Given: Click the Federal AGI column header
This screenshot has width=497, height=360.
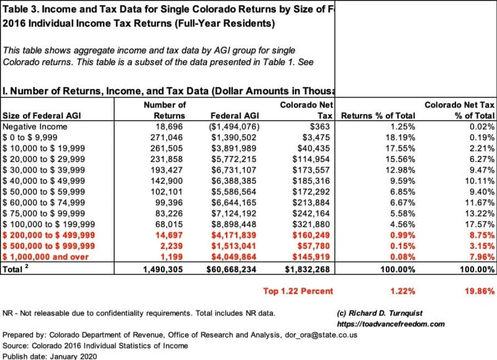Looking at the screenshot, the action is pyautogui.click(x=235, y=116).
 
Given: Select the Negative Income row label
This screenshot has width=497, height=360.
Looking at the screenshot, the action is pyautogui.click(x=35, y=127).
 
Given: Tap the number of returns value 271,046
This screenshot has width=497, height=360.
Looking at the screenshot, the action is pyautogui.click(x=166, y=137).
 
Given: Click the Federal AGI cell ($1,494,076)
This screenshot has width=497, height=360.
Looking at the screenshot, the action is pyautogui.click(x=234, y=127).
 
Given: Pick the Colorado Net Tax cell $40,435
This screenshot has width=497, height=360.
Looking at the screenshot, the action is pyautogui.click(x=314, y=148).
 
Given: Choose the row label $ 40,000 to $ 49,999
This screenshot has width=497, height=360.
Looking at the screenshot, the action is pyautogui.click(x=43, y=181).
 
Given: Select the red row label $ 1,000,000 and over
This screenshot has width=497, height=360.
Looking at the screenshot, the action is pyautogui.click(x=45, y=257).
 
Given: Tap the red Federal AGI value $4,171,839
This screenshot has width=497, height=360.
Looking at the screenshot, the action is pyautogui.click(x=234, y=235).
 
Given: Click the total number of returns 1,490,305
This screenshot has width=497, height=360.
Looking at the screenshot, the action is pyautogui.click(x=163, y=269).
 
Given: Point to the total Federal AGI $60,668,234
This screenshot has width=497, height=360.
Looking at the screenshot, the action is pyautogui.click(x=231, y=269).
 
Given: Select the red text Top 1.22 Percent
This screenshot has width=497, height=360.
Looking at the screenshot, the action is pyautogui.click(x=298, y=291).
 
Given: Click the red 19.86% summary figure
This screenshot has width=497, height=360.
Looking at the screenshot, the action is pyautogui.click(x=480, y=291).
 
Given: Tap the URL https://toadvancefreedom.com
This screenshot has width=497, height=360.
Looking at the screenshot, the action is pyautogui.click(x=391, y=324).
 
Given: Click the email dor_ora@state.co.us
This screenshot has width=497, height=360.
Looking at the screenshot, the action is pyautogui.click(x=321, y=335).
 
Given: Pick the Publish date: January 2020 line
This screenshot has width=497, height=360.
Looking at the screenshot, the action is pyautogui.click(x=50, y=356).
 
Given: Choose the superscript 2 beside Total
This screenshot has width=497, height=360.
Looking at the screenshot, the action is pyautogui.click(x=27, y=266).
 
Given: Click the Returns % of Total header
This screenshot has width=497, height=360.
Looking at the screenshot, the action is pyautogui.click(x=378, y=116).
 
